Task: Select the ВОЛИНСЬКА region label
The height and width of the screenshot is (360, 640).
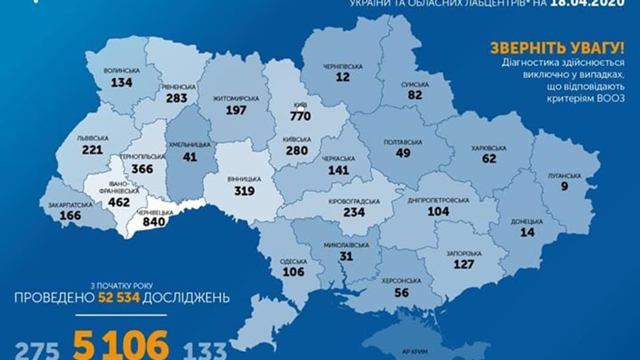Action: (x=122, y=70)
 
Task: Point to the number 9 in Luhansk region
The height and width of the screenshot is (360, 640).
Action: (x=564, y=187)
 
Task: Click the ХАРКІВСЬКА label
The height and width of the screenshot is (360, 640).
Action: (x=488, y=148)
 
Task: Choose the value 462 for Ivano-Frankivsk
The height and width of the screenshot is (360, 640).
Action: (x=119, y=202)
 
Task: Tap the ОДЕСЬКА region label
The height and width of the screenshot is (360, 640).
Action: (x=294, y=261)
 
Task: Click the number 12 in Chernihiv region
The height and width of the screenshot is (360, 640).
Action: (x=342, y=78)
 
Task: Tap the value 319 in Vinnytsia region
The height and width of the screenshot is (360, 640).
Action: (x=244, y=191)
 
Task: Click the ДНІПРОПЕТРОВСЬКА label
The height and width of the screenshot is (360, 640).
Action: (x=439, y=200)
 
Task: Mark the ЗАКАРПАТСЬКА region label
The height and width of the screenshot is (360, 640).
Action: (x=70, y=205)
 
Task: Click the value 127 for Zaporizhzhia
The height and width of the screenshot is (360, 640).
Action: (x=463, y=264)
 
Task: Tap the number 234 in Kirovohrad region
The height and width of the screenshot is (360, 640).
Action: (x=354, y=212)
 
